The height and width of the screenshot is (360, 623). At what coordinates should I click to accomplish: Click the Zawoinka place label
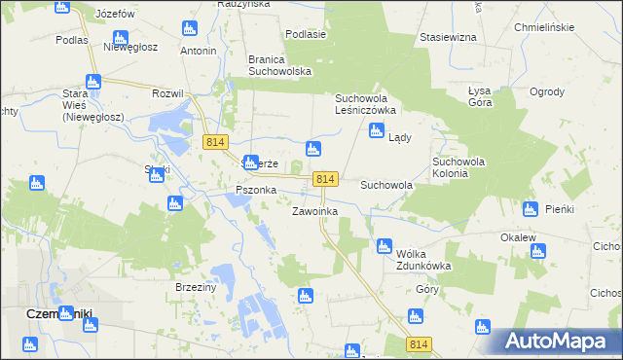coord(314,211)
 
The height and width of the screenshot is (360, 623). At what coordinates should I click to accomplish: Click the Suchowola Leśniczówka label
coord(375,105)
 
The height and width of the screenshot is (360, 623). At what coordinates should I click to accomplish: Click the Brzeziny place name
coord(195,287)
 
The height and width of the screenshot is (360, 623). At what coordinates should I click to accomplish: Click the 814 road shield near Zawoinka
coord(326,179)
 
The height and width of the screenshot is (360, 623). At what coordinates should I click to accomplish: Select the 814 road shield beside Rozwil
coord(216,142)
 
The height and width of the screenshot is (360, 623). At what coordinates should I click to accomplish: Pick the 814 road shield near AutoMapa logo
coord(420,344)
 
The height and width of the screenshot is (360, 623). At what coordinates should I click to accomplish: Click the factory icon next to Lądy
coord(376,131)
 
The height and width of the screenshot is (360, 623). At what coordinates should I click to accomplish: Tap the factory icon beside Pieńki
coord(531,209)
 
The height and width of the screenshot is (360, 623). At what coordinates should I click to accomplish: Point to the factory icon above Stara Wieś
coord(93,82)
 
